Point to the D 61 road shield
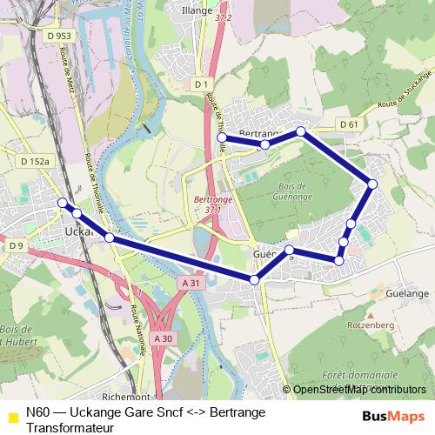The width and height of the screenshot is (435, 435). coord(349,124)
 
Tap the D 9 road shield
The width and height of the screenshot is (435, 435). coord(17,246)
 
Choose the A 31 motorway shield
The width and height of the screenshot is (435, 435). coord(193,283)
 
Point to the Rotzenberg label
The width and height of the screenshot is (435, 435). coord(371,325)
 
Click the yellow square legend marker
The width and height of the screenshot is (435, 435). coord(10,415)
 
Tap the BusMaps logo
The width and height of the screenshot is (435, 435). coord(393,417)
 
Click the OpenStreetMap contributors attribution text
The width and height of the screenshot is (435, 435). coord(359,389)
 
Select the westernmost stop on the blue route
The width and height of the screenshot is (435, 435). coord(62,203)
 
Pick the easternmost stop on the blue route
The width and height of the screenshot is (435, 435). coord(372,184)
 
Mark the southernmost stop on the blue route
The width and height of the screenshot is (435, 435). coord(254,279)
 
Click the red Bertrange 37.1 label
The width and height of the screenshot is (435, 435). coord(208,204)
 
